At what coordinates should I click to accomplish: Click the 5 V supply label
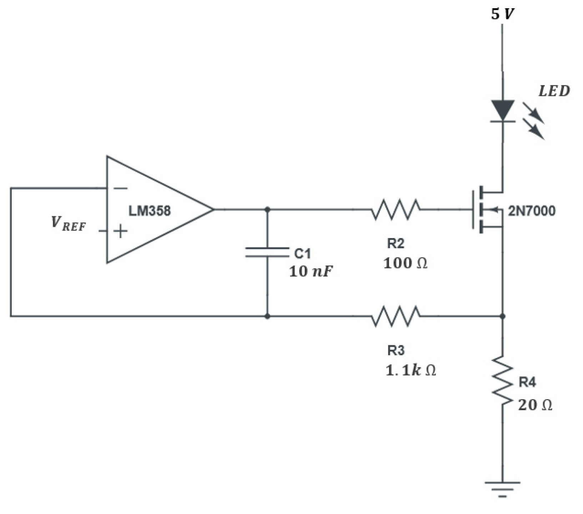503,14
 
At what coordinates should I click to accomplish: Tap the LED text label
554,91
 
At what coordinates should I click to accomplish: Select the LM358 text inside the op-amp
150,211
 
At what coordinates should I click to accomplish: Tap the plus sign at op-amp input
121,231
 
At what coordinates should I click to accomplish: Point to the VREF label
68,224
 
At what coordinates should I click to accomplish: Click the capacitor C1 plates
267,252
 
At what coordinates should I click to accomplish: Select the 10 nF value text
311,272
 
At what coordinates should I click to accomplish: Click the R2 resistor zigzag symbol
396,210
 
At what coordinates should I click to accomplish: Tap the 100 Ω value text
405,264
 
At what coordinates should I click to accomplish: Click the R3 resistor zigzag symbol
396,316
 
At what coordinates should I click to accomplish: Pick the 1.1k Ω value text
411,371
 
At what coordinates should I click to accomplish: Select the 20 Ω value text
535,405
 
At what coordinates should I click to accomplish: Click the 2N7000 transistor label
532,211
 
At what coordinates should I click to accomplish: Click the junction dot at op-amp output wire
267,210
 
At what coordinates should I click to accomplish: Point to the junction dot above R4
502,316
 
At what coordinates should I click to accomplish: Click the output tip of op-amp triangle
213,210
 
